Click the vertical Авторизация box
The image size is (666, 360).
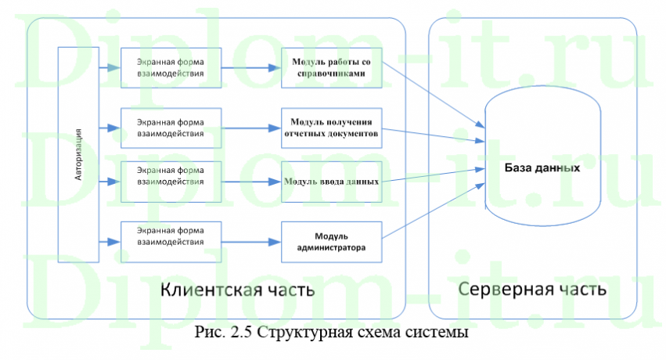78,154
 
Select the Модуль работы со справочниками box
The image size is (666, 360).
333,67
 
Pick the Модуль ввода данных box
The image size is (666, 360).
333,182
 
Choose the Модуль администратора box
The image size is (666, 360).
333,242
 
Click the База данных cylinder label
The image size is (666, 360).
542,168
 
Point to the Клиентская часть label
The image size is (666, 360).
237,290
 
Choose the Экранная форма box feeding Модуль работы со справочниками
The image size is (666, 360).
171,67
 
